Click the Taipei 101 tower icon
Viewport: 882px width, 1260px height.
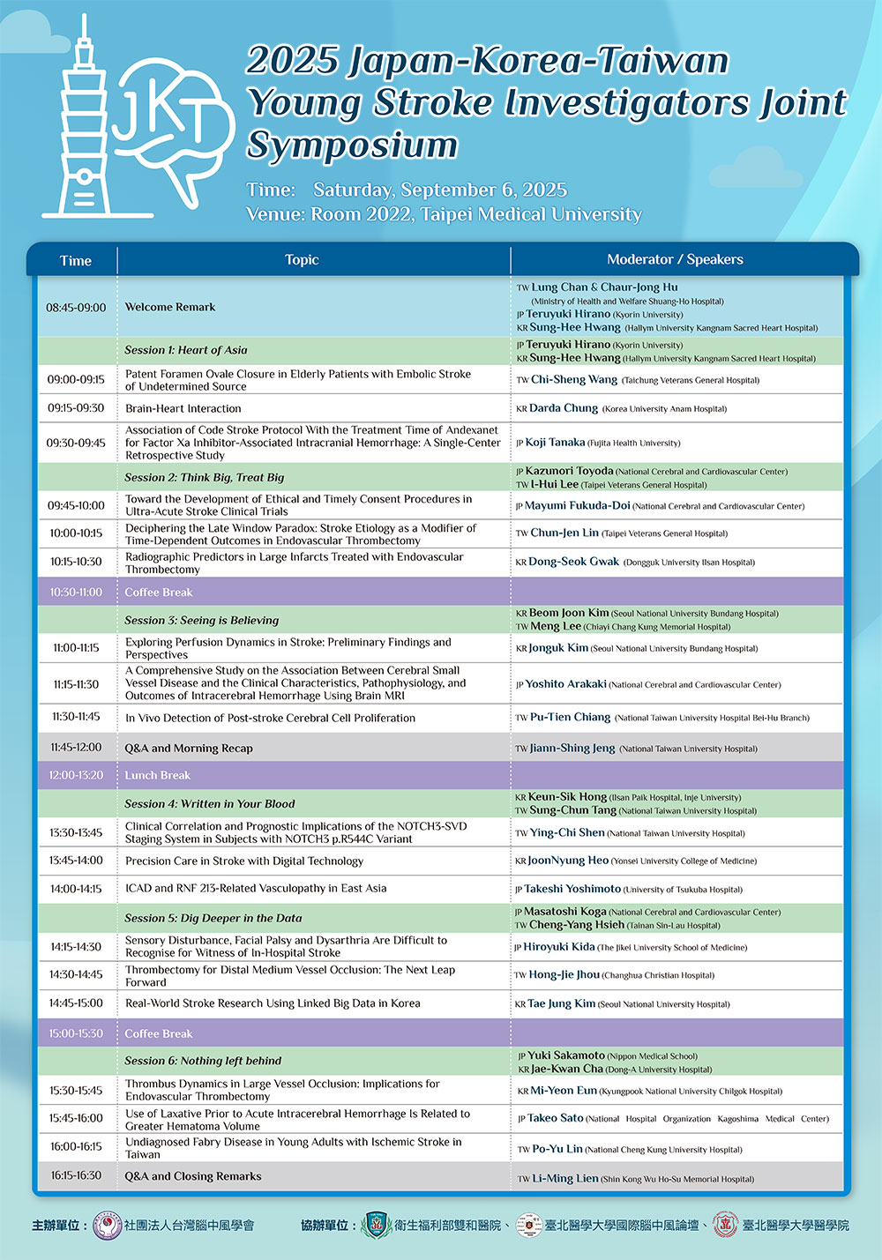pos(83,123)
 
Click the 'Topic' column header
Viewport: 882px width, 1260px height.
pos(302,260)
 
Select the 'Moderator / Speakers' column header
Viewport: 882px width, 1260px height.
pos(675,260)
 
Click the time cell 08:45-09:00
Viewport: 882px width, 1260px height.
pos(76,308)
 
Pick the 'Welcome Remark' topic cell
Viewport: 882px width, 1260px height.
pos(170,308)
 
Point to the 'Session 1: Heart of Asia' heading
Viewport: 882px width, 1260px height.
pos(186,350)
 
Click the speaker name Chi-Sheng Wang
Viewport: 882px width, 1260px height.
pos(573,380)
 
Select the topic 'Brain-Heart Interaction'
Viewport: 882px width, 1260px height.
pos(183,408)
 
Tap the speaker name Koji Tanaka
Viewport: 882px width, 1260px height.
pos(555,443)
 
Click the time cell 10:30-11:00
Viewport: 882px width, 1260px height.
pos(76,593)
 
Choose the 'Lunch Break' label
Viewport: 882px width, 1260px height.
pos(158,776)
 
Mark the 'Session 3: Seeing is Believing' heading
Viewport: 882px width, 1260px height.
pos(202,621)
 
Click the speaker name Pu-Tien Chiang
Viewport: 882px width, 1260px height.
pos(570,718)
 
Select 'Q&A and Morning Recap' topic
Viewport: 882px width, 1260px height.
pos(189,749)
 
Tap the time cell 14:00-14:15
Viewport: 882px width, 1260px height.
pos(76,889)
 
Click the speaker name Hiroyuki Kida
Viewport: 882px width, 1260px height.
pos(559,947)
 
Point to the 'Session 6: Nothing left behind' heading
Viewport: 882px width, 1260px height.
pos(203,1062)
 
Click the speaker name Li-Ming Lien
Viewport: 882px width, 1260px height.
pos(564,1179)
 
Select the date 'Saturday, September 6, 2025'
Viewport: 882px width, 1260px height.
pos(440,190)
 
